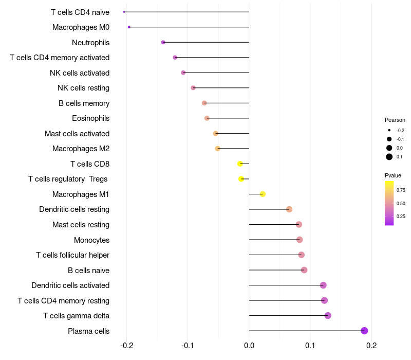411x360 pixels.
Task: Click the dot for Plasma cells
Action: pyautogui.click(x=364, y=331)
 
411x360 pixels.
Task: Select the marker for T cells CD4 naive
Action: pyautogui.click(x=124, y=12)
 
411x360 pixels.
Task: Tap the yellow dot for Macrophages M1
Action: pyautogui.click(x=263, y=194)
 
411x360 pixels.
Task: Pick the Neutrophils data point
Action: pyautogui.click(x=163, y=42)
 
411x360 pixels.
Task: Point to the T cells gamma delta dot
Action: pyautogui.click(x=328, y=315)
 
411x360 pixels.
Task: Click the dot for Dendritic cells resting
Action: pyautogui.click(x=289, y=209)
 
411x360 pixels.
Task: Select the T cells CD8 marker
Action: pyautogui.click(x=240, y=164)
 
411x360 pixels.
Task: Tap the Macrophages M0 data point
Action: pyautogui.click(x=129, y=27)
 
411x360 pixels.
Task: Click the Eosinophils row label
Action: pyautogui.click(x=90, y=118)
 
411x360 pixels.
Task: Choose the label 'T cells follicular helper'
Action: pyautogui.click(x=72, y=255)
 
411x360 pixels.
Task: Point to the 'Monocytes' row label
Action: pyautogui.click(x=91, y=240)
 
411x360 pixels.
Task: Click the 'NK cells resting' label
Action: pyautogui.click(x=83, y=88)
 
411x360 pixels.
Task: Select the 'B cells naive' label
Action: pyautogui.click(x=88, y=270)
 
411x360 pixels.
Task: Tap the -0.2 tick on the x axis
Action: pyautogui.click(x=126, y=346)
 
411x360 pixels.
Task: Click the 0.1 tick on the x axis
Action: pyautogui.click(x=310, y=346)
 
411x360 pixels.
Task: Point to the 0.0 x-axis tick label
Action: pyautogui.click(x=249, y=346)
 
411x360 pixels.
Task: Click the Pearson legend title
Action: pyautogui.click(x=395, y=120)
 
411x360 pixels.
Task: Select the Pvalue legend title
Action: pyautogui.click(x=393, y=175)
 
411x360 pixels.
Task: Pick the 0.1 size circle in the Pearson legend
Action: pyautogui.click(x=389, y=157)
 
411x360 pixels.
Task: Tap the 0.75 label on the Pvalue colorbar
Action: pyautogui.click(x=401, y=190)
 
